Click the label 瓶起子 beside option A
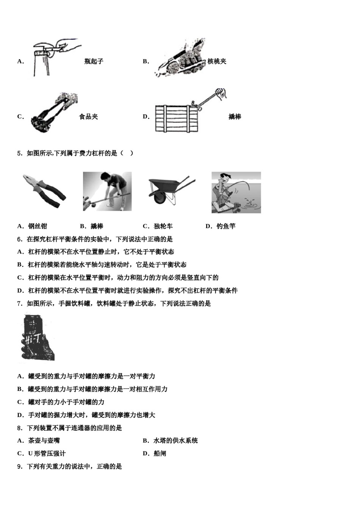pos(94,61)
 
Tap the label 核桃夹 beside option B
pos(217,61)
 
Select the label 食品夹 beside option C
pos(88,117)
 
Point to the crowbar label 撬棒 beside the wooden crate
pos(235,117)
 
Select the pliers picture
pos(44,191)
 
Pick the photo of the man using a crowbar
pos(107,191)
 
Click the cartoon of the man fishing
pos(236,192)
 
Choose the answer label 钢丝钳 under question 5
pos(38,226)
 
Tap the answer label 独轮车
pos(163,226)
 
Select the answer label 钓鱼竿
pos(226,226)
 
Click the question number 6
pos(19,239)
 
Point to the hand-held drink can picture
pos(37,336)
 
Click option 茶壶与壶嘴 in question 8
pos(44,440)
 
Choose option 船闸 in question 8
pos(160,453)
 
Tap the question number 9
pos(19,467)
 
